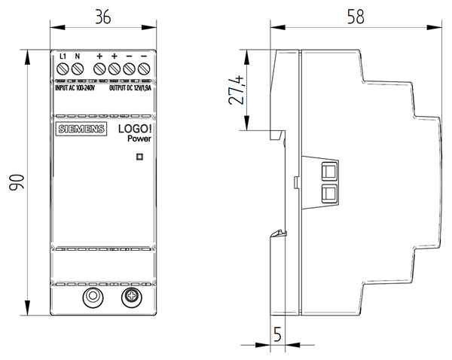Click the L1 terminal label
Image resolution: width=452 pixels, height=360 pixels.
[x=63, y=56]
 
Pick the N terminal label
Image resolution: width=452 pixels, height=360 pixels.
[x=78, y=56]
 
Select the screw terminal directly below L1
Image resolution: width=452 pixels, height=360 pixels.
[x=63, y=70]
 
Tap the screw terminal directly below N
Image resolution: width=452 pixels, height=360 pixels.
[x=78, y=70]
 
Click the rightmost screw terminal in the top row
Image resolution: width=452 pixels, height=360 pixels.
[x=143, y=70]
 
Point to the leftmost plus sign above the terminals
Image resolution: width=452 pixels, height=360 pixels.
[x=99, y=56]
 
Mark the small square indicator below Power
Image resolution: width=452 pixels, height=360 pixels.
[x=138, y=157]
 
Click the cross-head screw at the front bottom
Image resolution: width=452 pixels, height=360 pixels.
[x=130, y=297]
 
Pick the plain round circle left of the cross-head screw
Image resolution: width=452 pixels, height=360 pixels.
[x=93, y=297]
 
